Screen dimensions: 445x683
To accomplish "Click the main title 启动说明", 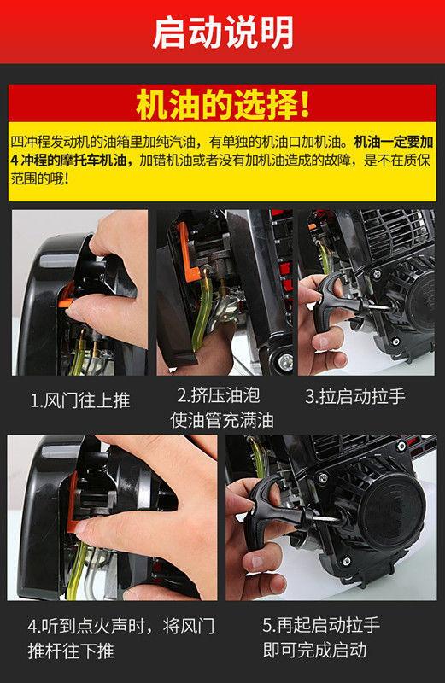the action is point(222,32).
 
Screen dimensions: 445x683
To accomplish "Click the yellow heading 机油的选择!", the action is point(223,104).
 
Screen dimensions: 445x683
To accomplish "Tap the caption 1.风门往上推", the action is point(80,400).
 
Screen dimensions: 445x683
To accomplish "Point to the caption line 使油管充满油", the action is point(222,420).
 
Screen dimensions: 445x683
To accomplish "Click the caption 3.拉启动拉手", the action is point(355,396).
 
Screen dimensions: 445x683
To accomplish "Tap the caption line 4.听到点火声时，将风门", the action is point(121,626).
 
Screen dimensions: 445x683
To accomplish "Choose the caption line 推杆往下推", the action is point(71,651).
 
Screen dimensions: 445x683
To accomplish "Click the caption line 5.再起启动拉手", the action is point(321,625).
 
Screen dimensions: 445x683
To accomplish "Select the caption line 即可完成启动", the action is point(314,650).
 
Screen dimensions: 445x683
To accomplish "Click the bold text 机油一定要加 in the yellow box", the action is point(394,142).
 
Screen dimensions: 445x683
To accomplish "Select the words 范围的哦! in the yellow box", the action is point(39,178).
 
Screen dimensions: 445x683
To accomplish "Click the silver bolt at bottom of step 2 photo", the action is point(286,361).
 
